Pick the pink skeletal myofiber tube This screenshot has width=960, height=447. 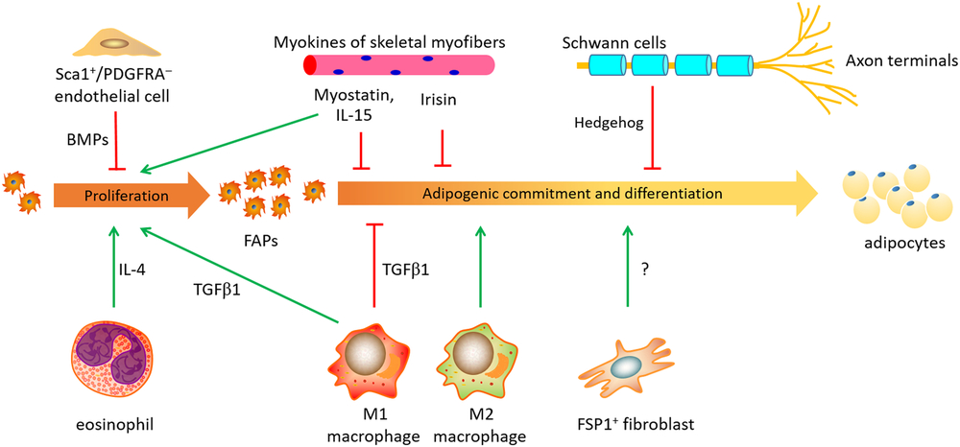pos(399,66)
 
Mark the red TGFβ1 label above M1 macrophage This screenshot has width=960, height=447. pos(403,271)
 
